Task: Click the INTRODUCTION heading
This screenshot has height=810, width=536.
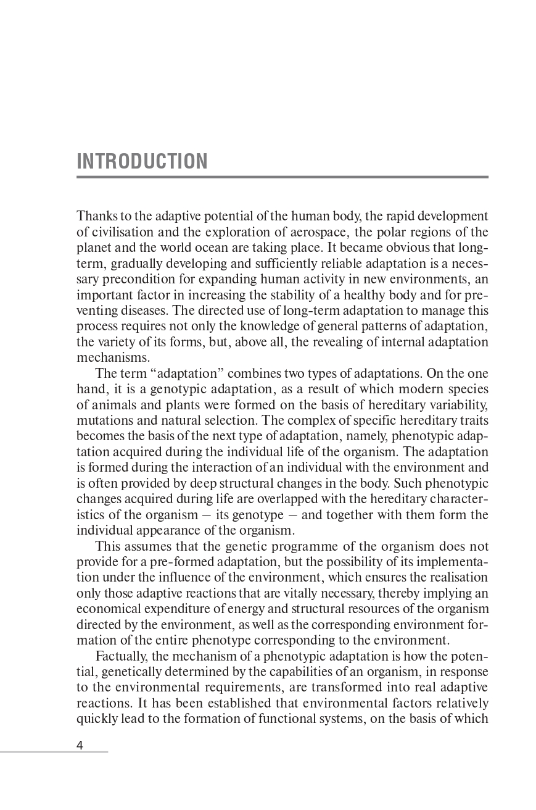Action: tap(142, 161)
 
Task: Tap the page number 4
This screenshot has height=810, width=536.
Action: tap(80, 745)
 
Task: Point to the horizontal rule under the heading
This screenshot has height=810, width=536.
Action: tap(282, 177)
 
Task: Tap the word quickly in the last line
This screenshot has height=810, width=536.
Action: tap(96, 719)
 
